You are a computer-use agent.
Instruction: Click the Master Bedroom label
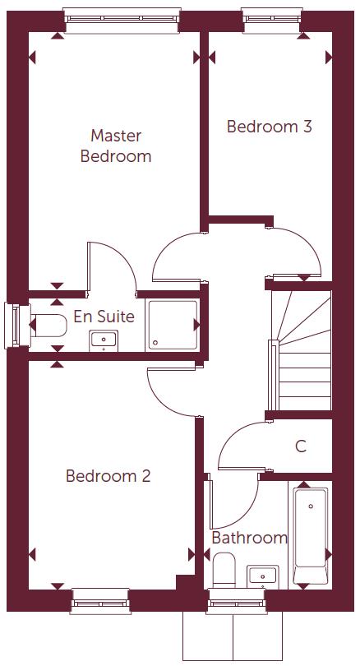(x=116, y=146)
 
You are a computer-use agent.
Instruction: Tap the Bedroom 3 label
(x=269, y=127)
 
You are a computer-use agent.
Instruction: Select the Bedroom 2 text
(x=108, y=476)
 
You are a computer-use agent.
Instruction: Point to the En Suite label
(x=104, y=316)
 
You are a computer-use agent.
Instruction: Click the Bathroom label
(x=249, y=538)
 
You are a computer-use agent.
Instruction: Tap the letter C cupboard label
(x=301, y=446)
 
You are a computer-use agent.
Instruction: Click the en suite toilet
(x=49, y=326)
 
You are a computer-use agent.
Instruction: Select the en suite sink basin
(x=104, y=338)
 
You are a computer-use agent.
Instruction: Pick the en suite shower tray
(x=173, y=326)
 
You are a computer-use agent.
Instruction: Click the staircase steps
(x=302, y=354)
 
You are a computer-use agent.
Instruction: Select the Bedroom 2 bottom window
(x=100, y=600)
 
